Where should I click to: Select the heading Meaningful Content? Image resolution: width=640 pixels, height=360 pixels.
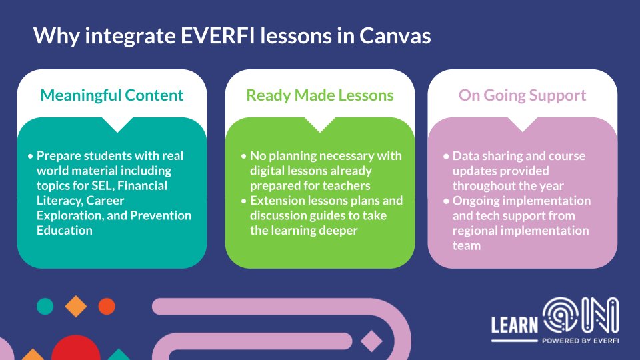(x=112, y=95)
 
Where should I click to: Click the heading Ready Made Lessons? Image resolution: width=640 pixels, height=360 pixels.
(x=320, y=95)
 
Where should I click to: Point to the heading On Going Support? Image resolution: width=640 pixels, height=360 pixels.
(x=522, y=95)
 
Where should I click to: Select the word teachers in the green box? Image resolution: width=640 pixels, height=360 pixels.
(x=346, y=185)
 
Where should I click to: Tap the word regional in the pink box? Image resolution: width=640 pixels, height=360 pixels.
(x=476, y=231)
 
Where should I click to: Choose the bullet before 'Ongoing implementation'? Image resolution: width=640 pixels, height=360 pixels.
(x=446, y=201)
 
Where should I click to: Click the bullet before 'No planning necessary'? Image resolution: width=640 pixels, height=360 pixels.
(x=243, y=156)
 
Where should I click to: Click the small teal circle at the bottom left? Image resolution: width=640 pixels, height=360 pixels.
(x=45, y=306)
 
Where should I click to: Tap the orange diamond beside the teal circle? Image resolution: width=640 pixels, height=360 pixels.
(x=76, y=306)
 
